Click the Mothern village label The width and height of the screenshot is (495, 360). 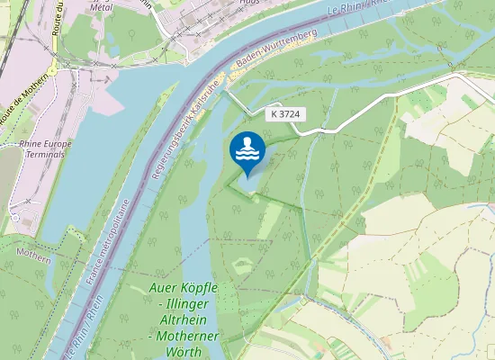tap(33, 256)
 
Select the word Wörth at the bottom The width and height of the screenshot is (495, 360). tap(184, 351)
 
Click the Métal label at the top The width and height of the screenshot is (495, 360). tap(102, 5)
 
